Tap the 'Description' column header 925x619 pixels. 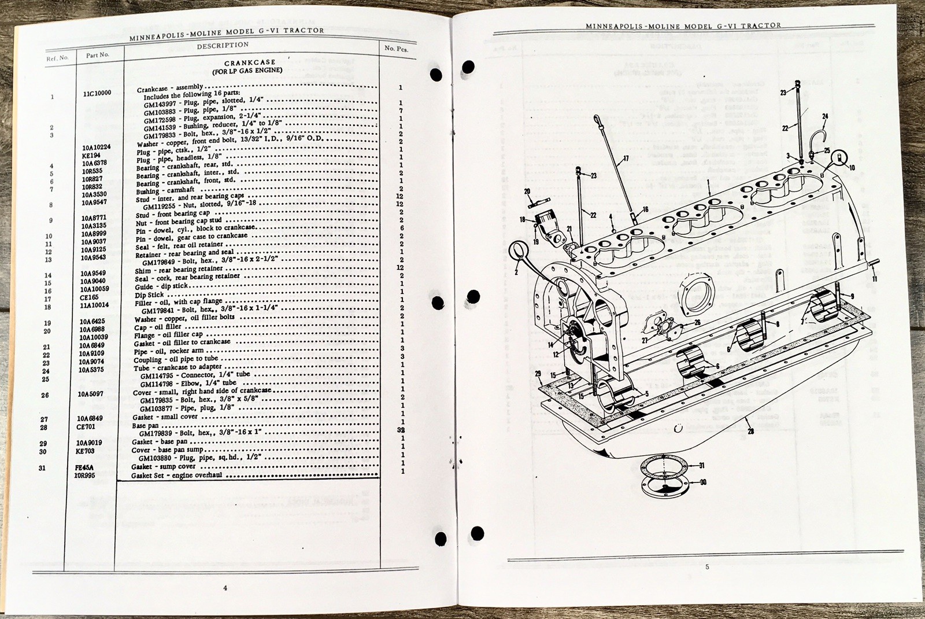tap(223, 45)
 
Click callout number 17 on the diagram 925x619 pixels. tap(626, 158)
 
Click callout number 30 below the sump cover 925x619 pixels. tap(702, 482)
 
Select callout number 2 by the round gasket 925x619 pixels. tap(516, 271)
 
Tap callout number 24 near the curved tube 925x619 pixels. tap(825, 116)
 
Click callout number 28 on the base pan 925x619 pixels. tap(750, 430)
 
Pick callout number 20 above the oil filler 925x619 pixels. tap(527, 191)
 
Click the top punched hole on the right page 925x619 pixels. tap(468, 67)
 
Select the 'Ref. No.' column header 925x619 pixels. tap(57, 58)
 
